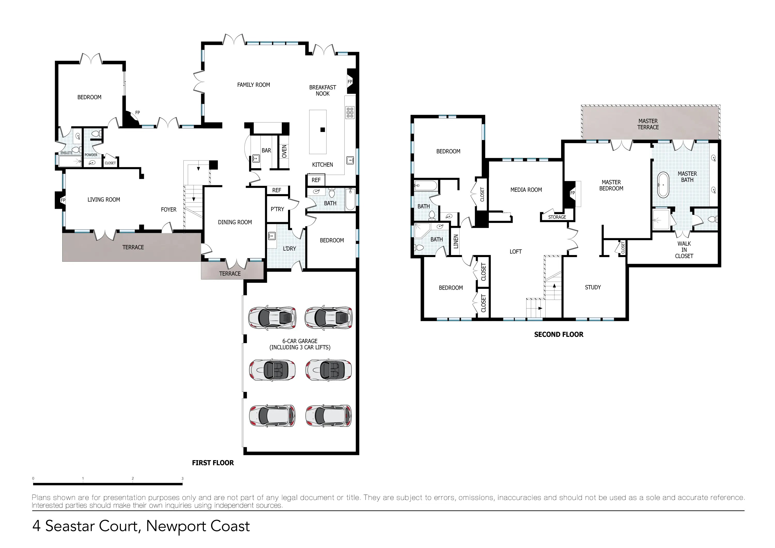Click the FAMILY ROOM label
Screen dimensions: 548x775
pyautogui.click(x=253, y=85)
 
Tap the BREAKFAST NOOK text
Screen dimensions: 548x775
pyautogui.click(x=322, y=90)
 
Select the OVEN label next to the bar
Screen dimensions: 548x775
pyautogui.click(x=284, y=151)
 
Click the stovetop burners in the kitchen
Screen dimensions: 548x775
pyautogui.click(x=350, y=112)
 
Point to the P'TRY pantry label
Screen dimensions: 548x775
pyautogui.click(x=277, y=209)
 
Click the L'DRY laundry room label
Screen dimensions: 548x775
pyautogui.click(x=289, y=249)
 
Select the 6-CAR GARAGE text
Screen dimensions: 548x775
pyautogui.click(x=300, y=341)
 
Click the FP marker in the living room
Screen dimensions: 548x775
pyautogui.click(x=63, y=200)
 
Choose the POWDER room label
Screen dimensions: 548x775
pyautogui.click(x=91, y=155)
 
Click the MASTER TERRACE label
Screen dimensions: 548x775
pyautogui.click(x=648, y=124)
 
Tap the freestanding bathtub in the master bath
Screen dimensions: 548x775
pyautogui.click(x=663, y=185)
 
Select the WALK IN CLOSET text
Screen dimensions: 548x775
pyautogui.click(x=684, y=250)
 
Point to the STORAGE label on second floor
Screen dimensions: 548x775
pyautogui.click(x=557, y=217)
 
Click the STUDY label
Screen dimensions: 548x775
pyautogui.click(x=592, y=287)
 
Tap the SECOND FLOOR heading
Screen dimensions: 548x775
pyautogui.click(x=558, y=335)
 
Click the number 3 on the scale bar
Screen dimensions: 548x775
pyautogui.click(x=182, y=478)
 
